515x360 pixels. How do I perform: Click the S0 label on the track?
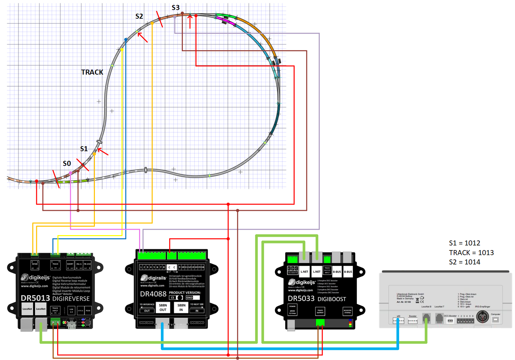tap(67, 164)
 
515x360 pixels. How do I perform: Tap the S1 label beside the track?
tap(84, 149)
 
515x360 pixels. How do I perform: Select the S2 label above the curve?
tap(139, 16)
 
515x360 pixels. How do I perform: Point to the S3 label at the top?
tap(175, 8)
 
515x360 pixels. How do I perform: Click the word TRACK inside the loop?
tap(92, 72)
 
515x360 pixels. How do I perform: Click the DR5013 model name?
tap(35, 298)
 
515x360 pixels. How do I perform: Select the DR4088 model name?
tap(153, 294)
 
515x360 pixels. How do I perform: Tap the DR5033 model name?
tap(301, 299)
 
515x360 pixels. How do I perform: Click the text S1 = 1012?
tap(464, 243)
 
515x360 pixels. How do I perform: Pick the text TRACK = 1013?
tap(471, 253)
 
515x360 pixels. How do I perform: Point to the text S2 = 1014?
tap(464, 262)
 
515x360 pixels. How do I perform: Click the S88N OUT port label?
tap(163, 307)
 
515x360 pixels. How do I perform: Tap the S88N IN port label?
tap(181, 307)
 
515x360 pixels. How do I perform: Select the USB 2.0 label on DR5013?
tap(71, 310)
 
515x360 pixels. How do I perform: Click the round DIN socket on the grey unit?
tap(482, 317)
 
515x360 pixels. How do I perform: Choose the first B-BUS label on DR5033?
tap(337, 272)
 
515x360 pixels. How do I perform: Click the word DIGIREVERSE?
tap(71, 299)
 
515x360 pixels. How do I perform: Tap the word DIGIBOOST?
tap(332, 299)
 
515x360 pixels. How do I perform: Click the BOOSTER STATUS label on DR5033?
tap(348, 311)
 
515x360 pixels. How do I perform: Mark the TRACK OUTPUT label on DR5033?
tap(320, 311)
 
